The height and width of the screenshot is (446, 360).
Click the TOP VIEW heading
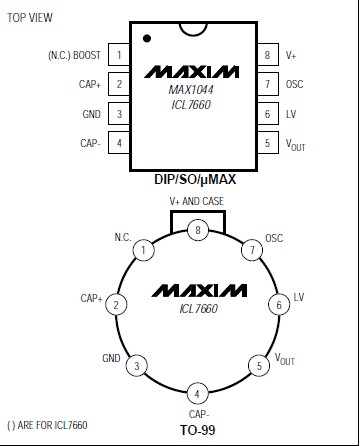pos(30,18)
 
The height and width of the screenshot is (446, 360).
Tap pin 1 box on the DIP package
pos(119,54)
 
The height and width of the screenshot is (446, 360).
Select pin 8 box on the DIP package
pos(268,54)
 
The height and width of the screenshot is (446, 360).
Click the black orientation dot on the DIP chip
pos(147,38)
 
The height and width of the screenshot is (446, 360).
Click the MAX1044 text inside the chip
pos(191,90)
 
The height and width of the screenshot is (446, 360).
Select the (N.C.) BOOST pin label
pos(74,55)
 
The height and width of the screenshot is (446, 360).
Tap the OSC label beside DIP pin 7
pos(295,84)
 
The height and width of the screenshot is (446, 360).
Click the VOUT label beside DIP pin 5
pos(295,145)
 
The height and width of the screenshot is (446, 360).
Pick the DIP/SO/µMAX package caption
pos(195,179)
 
